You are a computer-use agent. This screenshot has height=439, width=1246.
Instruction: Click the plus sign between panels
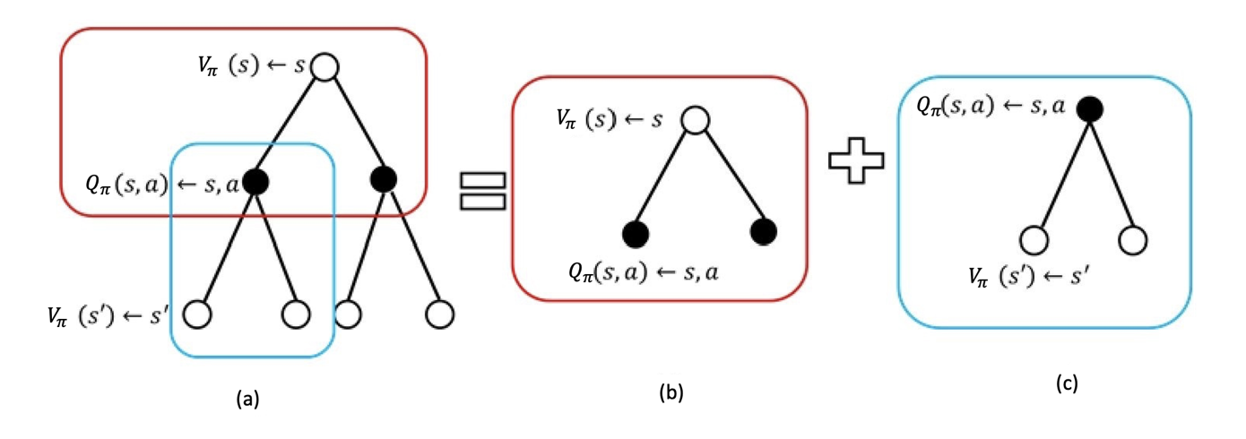pyautogui.click(x=855, y=168)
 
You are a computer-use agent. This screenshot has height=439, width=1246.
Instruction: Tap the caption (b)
pyautogui.click(x=671, y=392)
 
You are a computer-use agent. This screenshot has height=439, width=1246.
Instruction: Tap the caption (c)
pyautogui.click(x=1066, y=384)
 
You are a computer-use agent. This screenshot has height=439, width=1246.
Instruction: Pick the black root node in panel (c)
pyautogui.click(x=1089, y=109)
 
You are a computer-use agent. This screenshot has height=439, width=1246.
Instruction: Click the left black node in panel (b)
pyautogui.click(x=636, y=234)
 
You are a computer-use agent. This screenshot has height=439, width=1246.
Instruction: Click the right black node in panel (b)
pyautogui.click(x=764, y=231)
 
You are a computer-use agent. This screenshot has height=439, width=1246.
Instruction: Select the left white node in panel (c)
pyautogui.click(x=1034, y=241)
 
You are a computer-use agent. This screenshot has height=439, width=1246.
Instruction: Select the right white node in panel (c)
pyautogui.click(x=1133, y=240)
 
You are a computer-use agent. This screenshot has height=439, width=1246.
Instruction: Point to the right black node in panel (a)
pyautogui.click(x=383, y=179)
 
